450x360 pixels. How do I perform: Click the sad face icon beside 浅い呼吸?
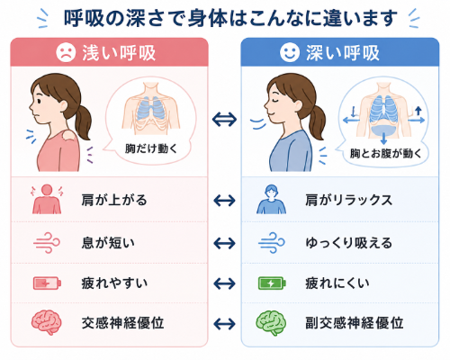pyautogui.click(x=66, y=52)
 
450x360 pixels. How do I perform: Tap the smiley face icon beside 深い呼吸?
pyautogui.click(x=290, y=52)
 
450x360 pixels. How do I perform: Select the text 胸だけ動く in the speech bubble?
pyautogui.click(x=151, y=148)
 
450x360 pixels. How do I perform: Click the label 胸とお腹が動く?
pyautogui.click(x=386, y=153)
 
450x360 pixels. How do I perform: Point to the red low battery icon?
pyautogui.click(x=47, y=283)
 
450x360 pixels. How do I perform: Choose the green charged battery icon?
pyautogui.click(x=272, y=283)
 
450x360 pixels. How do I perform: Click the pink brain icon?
pyautogui.click(x=47, y=322)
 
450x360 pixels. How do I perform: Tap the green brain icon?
pyautogui.click(x=271, y=322)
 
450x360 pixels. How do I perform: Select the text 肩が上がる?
pyautogui.click(x=114, y=200)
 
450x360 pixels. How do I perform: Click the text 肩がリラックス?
pyautogui.click(x=349, y=200)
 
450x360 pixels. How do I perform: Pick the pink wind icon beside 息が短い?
pyautogui.click(x=47, y=243)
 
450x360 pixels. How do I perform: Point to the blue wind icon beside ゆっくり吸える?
pyautogui.click(x=271, y=243)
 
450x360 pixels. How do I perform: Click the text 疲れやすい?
pyautogui.click(x=114, y=283)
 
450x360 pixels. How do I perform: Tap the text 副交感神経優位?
pyautogui.click(x=355, y=323)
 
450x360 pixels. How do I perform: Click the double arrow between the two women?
pyautogui.click(x=224, y=120)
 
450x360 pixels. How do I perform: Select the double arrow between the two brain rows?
pyautogui.click(x=224, y=324)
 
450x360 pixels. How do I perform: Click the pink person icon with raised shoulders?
pyautogui.click(x=47, y=199)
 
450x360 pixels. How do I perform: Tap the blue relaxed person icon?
pyautogui.click(x=271, y=199)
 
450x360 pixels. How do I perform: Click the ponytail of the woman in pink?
pyautogui.click(x=82, y=120)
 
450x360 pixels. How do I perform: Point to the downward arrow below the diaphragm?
pyautogui.click(x=383, y=139)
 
